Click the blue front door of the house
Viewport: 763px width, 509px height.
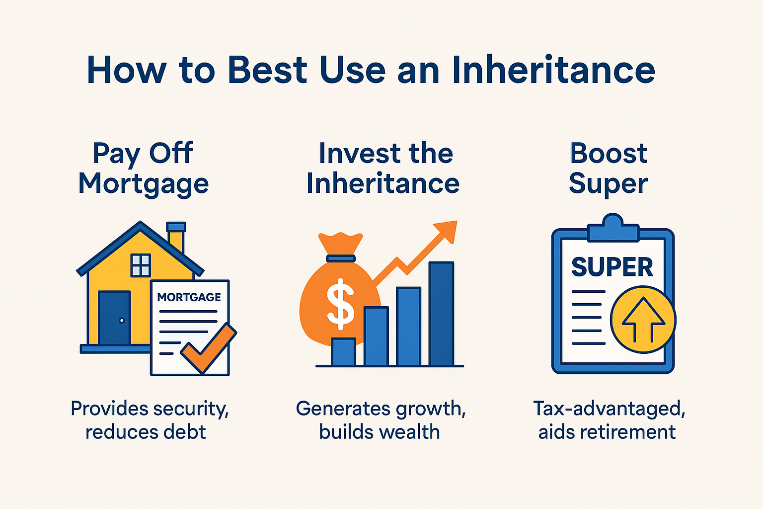114,318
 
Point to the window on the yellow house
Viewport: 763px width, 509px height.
141,265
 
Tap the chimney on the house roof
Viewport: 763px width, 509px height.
176,237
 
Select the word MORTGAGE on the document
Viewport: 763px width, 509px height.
189,297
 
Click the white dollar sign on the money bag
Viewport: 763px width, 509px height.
340,303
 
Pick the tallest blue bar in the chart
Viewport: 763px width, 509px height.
441,314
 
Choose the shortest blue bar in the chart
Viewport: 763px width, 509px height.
343,352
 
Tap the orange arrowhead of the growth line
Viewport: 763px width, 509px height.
447,231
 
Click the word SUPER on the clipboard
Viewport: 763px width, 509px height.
612,267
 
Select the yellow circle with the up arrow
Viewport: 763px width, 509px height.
643,319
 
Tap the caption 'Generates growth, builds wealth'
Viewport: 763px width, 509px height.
380,420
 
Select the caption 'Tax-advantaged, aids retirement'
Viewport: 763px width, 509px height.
608,420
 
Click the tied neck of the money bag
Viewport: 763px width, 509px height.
340,258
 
